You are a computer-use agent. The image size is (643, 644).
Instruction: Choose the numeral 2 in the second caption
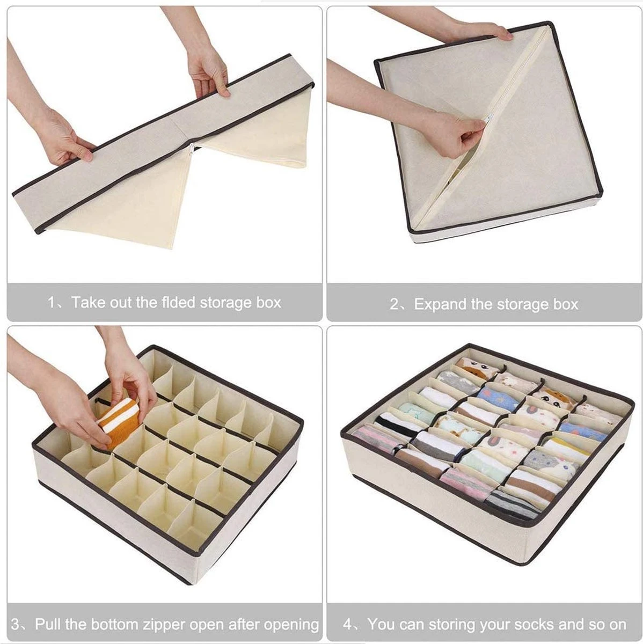[x=394, y=304]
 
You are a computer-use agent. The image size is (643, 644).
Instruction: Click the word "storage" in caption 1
[x=226, y=303]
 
